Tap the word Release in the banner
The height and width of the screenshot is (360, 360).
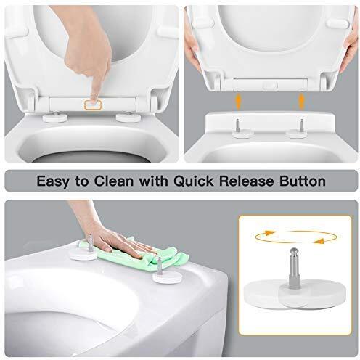click(250, 179)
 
